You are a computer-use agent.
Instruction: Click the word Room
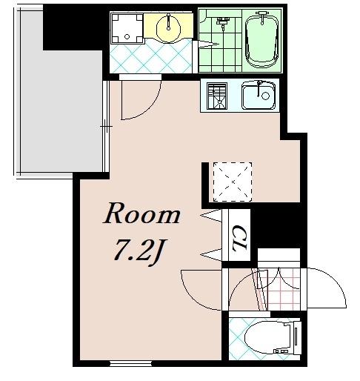(x=141, y=213)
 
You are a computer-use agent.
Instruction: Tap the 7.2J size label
(x=140, y=251)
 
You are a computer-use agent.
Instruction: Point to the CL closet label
(x=239, y=238)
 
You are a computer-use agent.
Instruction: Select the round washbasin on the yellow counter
(x=169, y=29)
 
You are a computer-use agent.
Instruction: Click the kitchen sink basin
(x=259, y=96)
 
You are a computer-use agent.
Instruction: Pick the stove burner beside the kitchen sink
(x=217, y=96)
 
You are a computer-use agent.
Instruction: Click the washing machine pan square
(x=127, y=28)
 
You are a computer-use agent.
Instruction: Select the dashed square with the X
(x=233, y=182)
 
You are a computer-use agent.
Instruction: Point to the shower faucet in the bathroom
(x=223, y=22)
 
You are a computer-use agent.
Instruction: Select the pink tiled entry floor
(x=279, y=289)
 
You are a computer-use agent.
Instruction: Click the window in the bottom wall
(x=130, y=363)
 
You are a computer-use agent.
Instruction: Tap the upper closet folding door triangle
(x=211, y=216)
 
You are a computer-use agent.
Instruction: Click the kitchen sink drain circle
(x=265, y=96)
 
